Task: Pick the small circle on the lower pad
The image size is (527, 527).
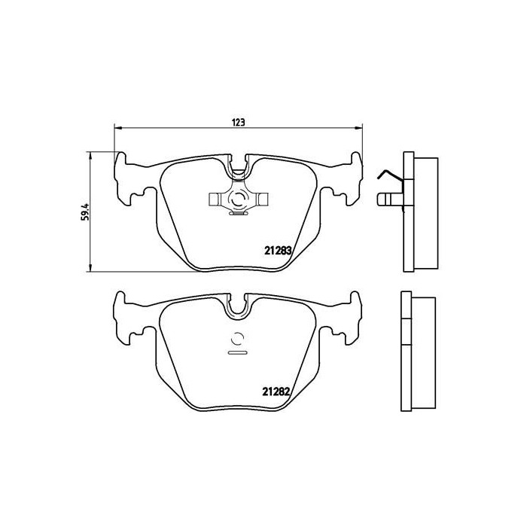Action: pyautogui.click(x=238, y=338)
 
